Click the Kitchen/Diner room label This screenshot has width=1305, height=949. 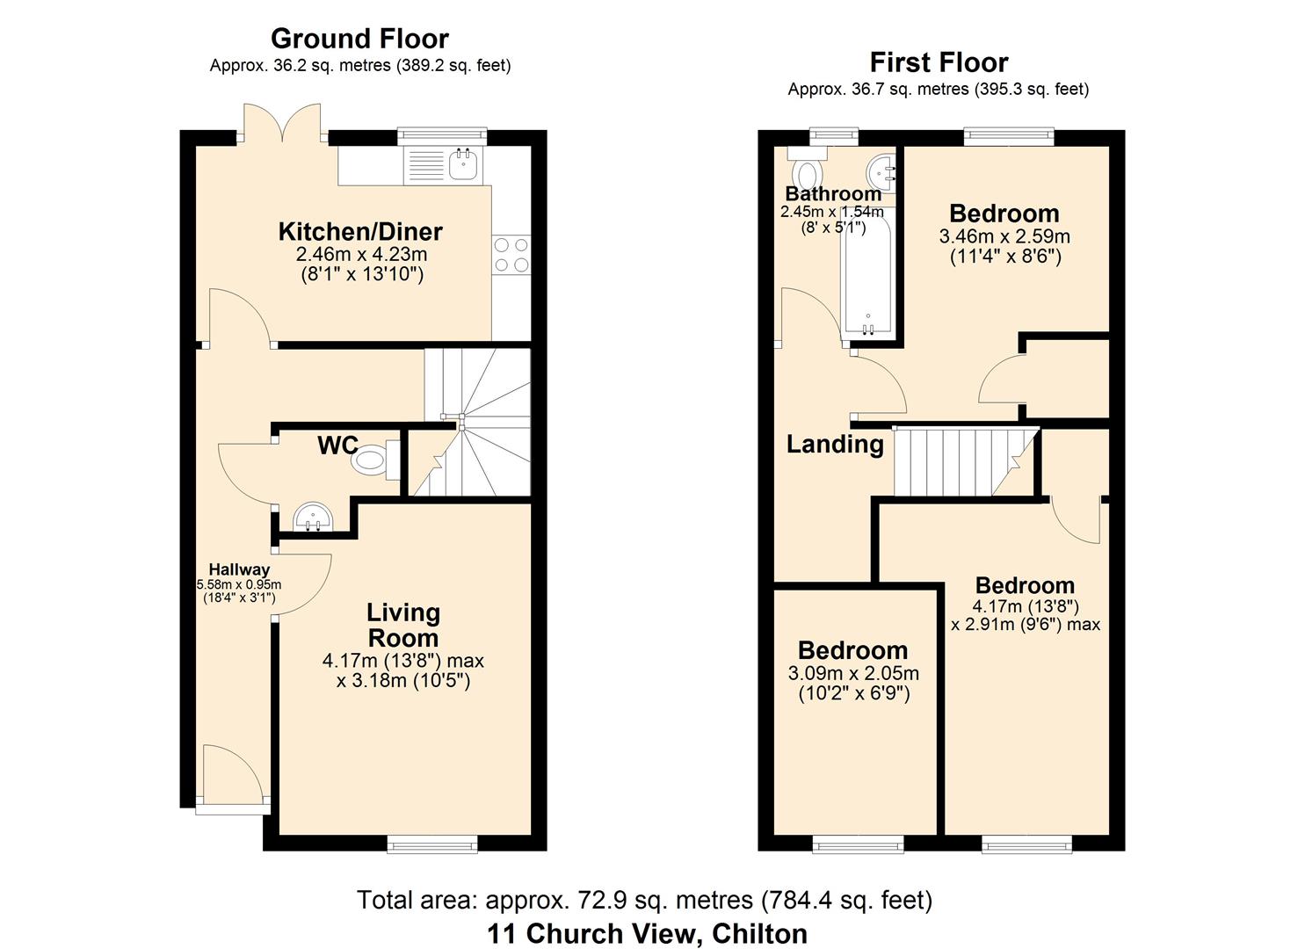pyautogui.click(x=360, y=232)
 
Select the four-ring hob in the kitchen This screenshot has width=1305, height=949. pyautogui.click(x=511, y=255)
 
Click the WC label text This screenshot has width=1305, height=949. pyautogui.click(x=337, y=446)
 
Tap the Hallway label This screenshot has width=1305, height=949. pyautogui.click(x=239, y=569)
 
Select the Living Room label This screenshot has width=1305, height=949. pyautogui.click(x=403, y=625)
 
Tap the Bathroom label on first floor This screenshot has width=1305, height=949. pyautogui.click(x=833, y=194)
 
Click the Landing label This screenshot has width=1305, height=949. pyautogui.click(x=835, y=444)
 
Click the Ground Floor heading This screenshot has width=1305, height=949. pyautogui.click(x=359, y=39)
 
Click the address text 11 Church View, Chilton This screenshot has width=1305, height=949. pyautogui.click(x=647, y=933)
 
